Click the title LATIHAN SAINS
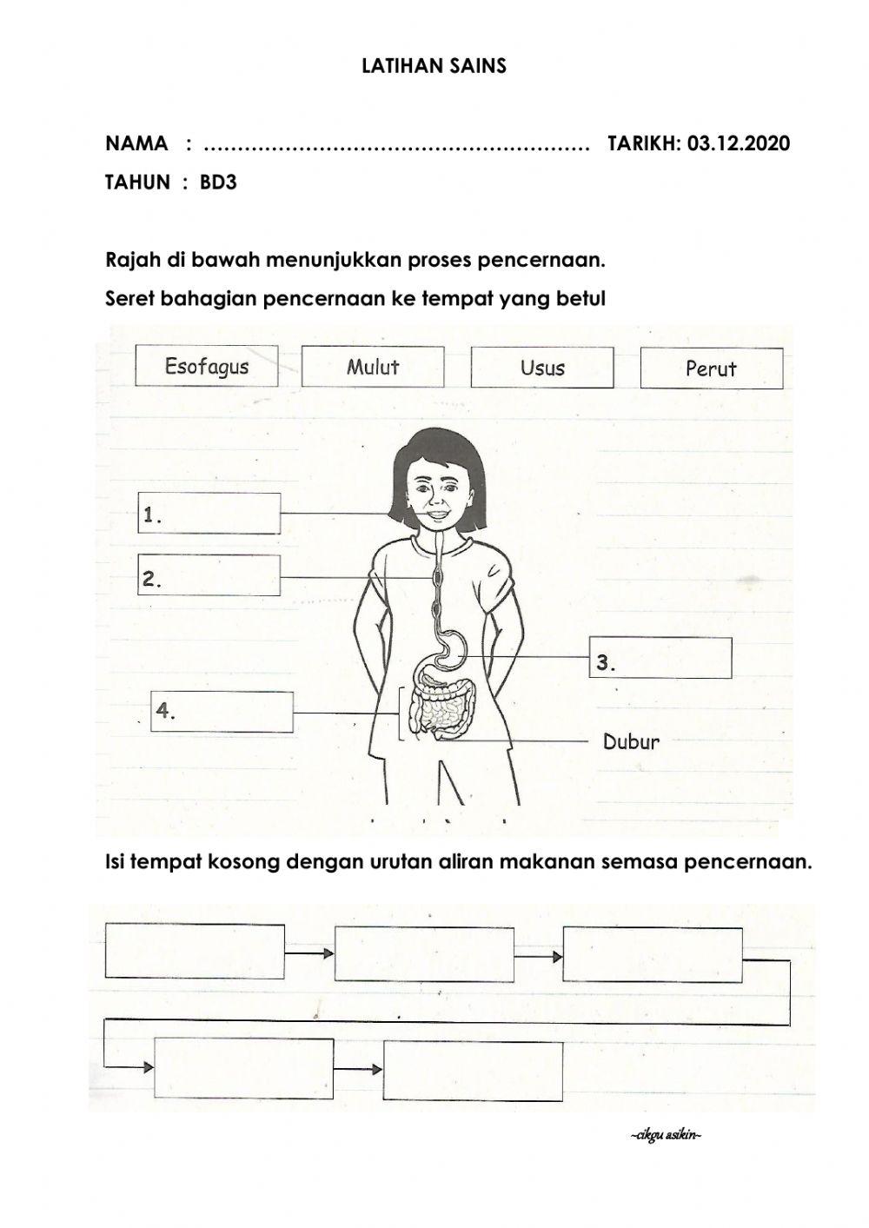coord(434,66)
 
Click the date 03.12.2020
coord(738,143)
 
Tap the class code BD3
coord(218,183)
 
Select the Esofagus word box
coord(207,366)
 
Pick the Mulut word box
coord(373,367)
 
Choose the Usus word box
coord(542,368)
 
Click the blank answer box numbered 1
coord(209,514)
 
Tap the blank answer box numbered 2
coord(209,576)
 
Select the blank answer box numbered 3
coord(660,657)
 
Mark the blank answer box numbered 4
coord(222,712)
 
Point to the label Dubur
coord(631,742)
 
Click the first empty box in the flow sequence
coord(195,952)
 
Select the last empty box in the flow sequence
coord(473,1071)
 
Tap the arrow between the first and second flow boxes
coord(309,954)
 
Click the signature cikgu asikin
coord(665,1137)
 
